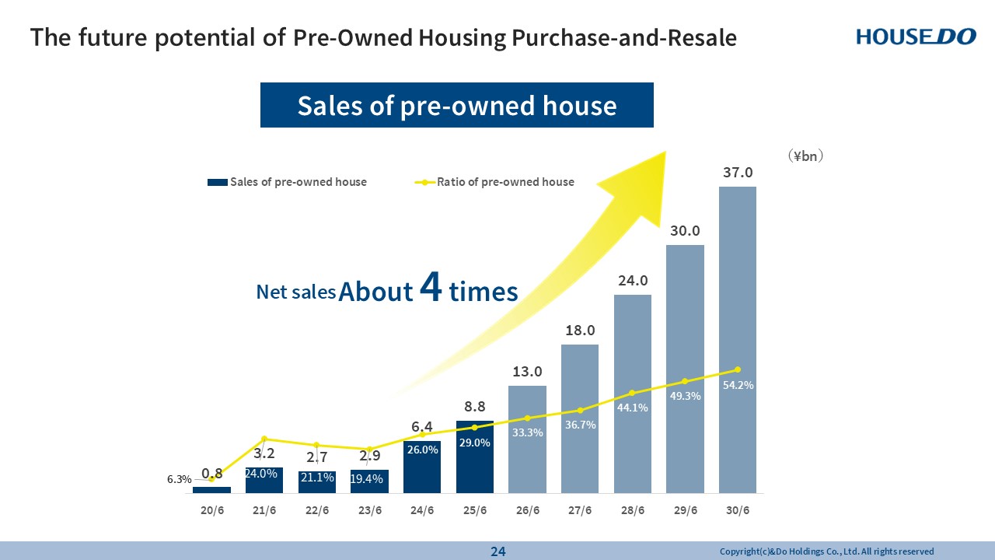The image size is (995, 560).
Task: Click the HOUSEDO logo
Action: tap(916, 37)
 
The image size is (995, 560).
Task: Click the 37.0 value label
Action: tap(738, 172)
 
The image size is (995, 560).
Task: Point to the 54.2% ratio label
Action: tap(738, 385)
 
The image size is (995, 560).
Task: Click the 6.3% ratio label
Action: tap(179, 480)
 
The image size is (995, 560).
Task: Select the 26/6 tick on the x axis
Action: tap(527, 511)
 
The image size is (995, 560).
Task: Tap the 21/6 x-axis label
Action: tap(264, 511)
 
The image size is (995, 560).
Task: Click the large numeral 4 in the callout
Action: tap(431, 288)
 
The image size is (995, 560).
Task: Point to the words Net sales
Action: tap(296, 292)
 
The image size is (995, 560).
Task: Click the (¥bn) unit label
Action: tap(805, 156)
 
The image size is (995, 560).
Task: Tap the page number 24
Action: tap(497, 551)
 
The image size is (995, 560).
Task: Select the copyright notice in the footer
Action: tap(826, 551)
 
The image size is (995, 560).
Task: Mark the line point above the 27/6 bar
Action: tap(580, 410)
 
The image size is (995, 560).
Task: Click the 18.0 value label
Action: tap(580, 331)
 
